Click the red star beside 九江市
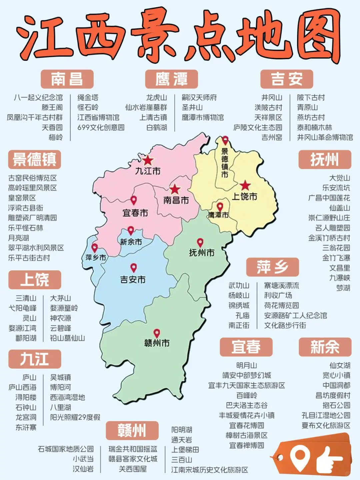click(148, 160)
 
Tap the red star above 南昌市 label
click(175, 189)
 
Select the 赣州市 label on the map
click(157, 343)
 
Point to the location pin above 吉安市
click(133, 268)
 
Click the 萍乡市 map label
click(96, 258)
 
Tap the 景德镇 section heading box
click(34, 159)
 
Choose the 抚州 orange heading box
click(324, 159)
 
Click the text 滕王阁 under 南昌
click(52, 107)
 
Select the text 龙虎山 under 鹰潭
click(156, 97)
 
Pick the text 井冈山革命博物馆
click(325, 137)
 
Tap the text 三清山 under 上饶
click(26, 298)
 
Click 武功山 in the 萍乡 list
click(239, 286)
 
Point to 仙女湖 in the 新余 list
click(340, 366)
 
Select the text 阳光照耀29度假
click(75, 417)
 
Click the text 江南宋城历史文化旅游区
click(209, 470)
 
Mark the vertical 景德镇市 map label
click(225, 163)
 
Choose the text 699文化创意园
click(101, 127)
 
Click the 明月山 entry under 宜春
click(246, 366)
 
